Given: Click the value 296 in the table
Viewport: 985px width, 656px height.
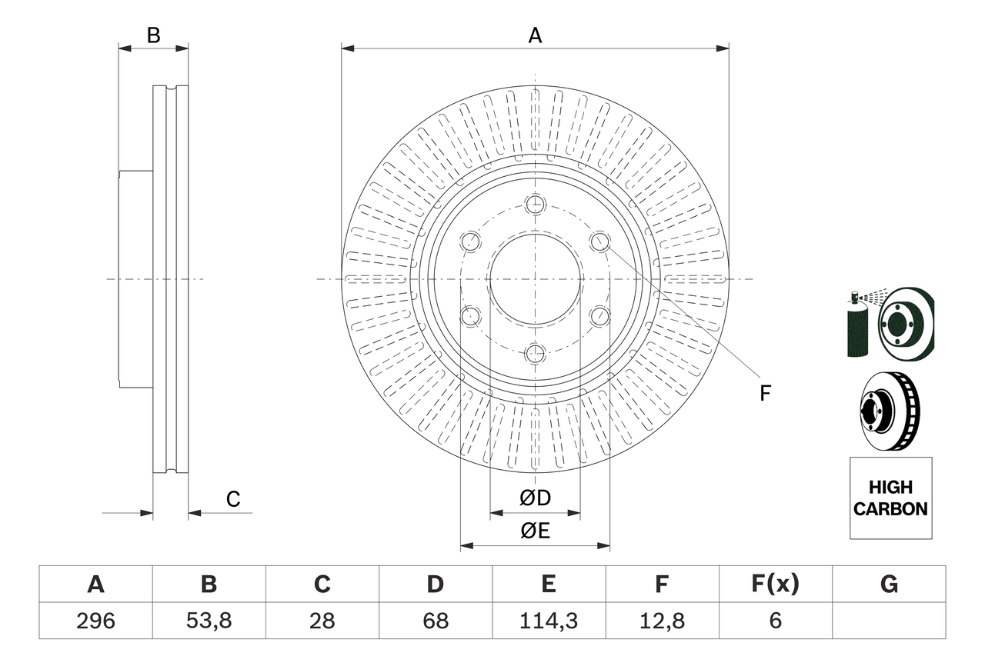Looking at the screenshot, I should click(x=95, y=621).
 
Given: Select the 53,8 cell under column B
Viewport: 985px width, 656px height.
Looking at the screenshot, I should click(x=209, y=621).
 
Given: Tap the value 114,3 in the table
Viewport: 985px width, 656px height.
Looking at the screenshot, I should click(x=548, y=621).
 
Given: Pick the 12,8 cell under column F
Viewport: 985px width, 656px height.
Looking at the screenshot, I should click(x=661, y=621).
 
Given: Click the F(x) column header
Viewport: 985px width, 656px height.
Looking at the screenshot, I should click(x=775, y=584).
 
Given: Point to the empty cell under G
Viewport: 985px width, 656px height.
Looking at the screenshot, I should click(x=889, y=621).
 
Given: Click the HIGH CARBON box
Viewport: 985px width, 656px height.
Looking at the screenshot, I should click(x=890, y=498).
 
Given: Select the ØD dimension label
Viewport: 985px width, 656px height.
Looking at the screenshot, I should click(x=535, y=498).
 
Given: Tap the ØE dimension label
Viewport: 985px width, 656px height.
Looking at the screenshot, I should click(x=535, y=531).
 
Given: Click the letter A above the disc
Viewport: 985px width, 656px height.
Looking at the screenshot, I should click(x=535, y=35).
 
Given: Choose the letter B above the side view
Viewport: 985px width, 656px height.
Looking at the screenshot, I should click(x=153, y=35).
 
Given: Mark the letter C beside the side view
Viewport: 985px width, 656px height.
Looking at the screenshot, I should click(x=233, y=499).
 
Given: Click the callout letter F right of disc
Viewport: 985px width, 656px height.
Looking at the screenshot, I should click(x=764, y=394).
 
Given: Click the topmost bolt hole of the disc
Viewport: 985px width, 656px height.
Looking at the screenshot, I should click(x=535, y=205).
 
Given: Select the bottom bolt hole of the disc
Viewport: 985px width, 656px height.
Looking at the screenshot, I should click(x=535, y=354).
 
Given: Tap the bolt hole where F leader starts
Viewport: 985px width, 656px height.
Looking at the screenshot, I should click(x=599, y=241).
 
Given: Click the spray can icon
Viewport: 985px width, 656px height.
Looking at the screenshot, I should click(x=857, y=325).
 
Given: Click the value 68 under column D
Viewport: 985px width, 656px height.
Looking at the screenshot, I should click(x=435, y=621).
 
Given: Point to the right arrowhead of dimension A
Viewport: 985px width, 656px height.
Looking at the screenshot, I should click(x=723, y=48).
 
